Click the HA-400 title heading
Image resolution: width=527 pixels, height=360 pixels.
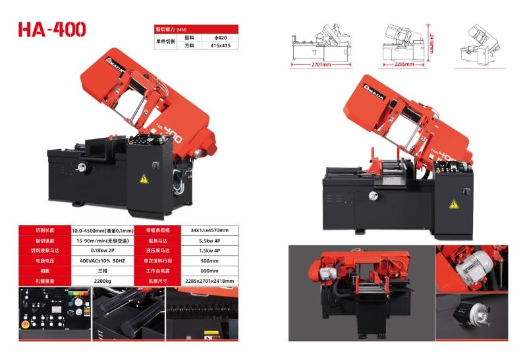pos(52,30)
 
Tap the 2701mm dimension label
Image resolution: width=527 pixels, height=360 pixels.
pos(320,64)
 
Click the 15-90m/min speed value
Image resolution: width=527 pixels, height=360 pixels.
pos(104,241)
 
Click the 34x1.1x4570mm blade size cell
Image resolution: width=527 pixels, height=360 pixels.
pos(209,230)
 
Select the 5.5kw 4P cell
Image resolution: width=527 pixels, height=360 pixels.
pos(209,241)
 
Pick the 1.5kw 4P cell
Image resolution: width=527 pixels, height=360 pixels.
pos(209,251)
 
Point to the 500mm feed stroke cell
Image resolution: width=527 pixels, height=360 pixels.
pos(209,260)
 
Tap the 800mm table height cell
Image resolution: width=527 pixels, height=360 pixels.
pos(209,270)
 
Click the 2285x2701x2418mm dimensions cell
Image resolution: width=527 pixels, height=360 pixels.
pos(209,280)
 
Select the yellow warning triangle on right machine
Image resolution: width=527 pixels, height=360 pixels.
pos(453,204)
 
